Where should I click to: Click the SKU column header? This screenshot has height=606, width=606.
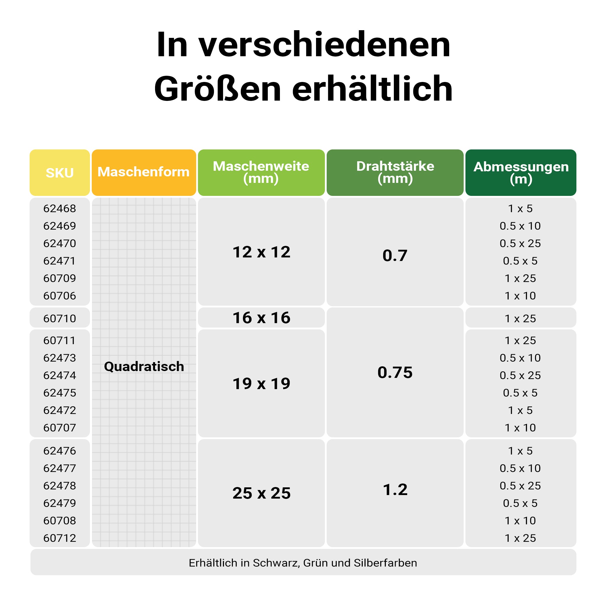coord(59,173)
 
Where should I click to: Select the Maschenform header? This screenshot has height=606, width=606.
coord(144,172)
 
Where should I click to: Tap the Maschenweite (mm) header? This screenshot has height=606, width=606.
coord(261,172)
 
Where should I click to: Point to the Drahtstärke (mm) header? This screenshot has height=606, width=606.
coord(395,172)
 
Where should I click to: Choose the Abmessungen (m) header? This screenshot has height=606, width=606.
coord(521,173)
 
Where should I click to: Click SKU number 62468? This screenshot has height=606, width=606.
coord(59,209)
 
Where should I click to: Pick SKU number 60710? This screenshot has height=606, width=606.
coord(59,319)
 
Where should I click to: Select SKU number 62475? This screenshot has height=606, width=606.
coord(59,393)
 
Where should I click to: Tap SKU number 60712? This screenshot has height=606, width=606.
coord(59,538)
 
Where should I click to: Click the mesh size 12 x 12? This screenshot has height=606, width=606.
coord(261,252)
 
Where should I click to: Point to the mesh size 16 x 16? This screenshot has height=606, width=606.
coord(261,318)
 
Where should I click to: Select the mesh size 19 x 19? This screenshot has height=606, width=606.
coord(261,383)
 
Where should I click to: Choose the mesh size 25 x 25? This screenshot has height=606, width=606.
coord(261,493)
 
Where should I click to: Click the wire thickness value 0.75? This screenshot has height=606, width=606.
coord(395,373)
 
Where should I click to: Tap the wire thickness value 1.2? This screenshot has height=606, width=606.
coord(395,490)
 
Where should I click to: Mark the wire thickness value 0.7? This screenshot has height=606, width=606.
coord(395,255)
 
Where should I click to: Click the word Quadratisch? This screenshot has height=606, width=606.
coord(144,367)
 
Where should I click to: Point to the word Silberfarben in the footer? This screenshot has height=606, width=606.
coord(385,563)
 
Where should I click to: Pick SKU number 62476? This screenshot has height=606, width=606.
coord(59,451)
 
